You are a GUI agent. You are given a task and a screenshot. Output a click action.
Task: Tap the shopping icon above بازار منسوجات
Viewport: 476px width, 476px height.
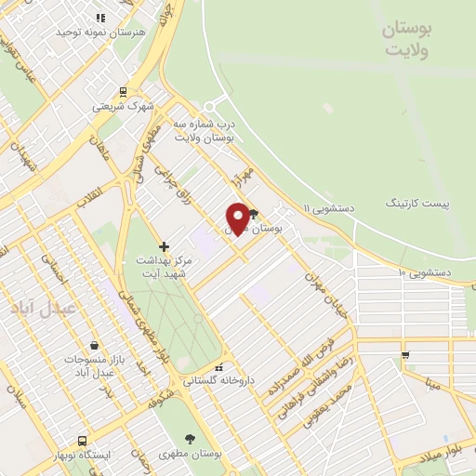[93, 345]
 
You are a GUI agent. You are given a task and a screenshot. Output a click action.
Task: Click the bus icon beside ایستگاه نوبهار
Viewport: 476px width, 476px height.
[83, 442]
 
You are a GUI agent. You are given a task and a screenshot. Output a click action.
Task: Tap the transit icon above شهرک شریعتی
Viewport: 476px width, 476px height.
[123, 92]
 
